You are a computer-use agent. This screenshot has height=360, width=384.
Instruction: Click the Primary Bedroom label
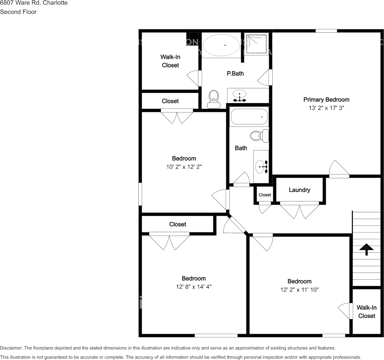326,100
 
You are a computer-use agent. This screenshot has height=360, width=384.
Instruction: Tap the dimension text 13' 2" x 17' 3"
326,108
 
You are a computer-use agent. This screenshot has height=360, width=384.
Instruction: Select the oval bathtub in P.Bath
221,45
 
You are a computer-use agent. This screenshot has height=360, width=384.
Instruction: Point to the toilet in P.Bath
214,99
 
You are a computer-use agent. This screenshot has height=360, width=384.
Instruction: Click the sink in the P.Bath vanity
240,95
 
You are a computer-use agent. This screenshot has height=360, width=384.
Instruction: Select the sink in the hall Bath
262,166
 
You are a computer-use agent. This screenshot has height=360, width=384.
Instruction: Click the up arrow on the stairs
367,249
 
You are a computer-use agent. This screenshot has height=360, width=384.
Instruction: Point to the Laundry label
300,190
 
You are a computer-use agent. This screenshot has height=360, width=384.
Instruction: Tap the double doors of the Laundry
300,211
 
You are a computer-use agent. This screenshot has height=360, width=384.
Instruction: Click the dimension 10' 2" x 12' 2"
184,167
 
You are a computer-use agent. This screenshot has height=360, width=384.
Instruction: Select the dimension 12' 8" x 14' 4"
194,287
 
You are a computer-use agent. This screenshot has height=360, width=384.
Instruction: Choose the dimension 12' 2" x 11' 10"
299,290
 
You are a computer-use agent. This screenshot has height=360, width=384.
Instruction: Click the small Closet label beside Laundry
265,195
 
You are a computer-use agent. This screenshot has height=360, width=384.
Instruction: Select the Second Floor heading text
18,12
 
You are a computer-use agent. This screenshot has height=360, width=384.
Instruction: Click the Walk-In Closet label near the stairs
367,312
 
